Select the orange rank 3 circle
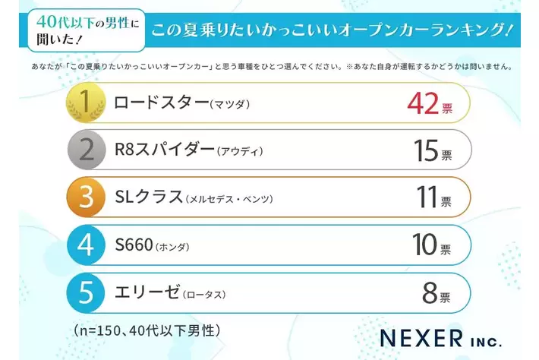coord(86,197)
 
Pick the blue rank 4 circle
coord(86,245)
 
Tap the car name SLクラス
coord(148,197)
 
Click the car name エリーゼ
coord(147,292)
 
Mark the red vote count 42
coord(424,104)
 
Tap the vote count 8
coord(430,292)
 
